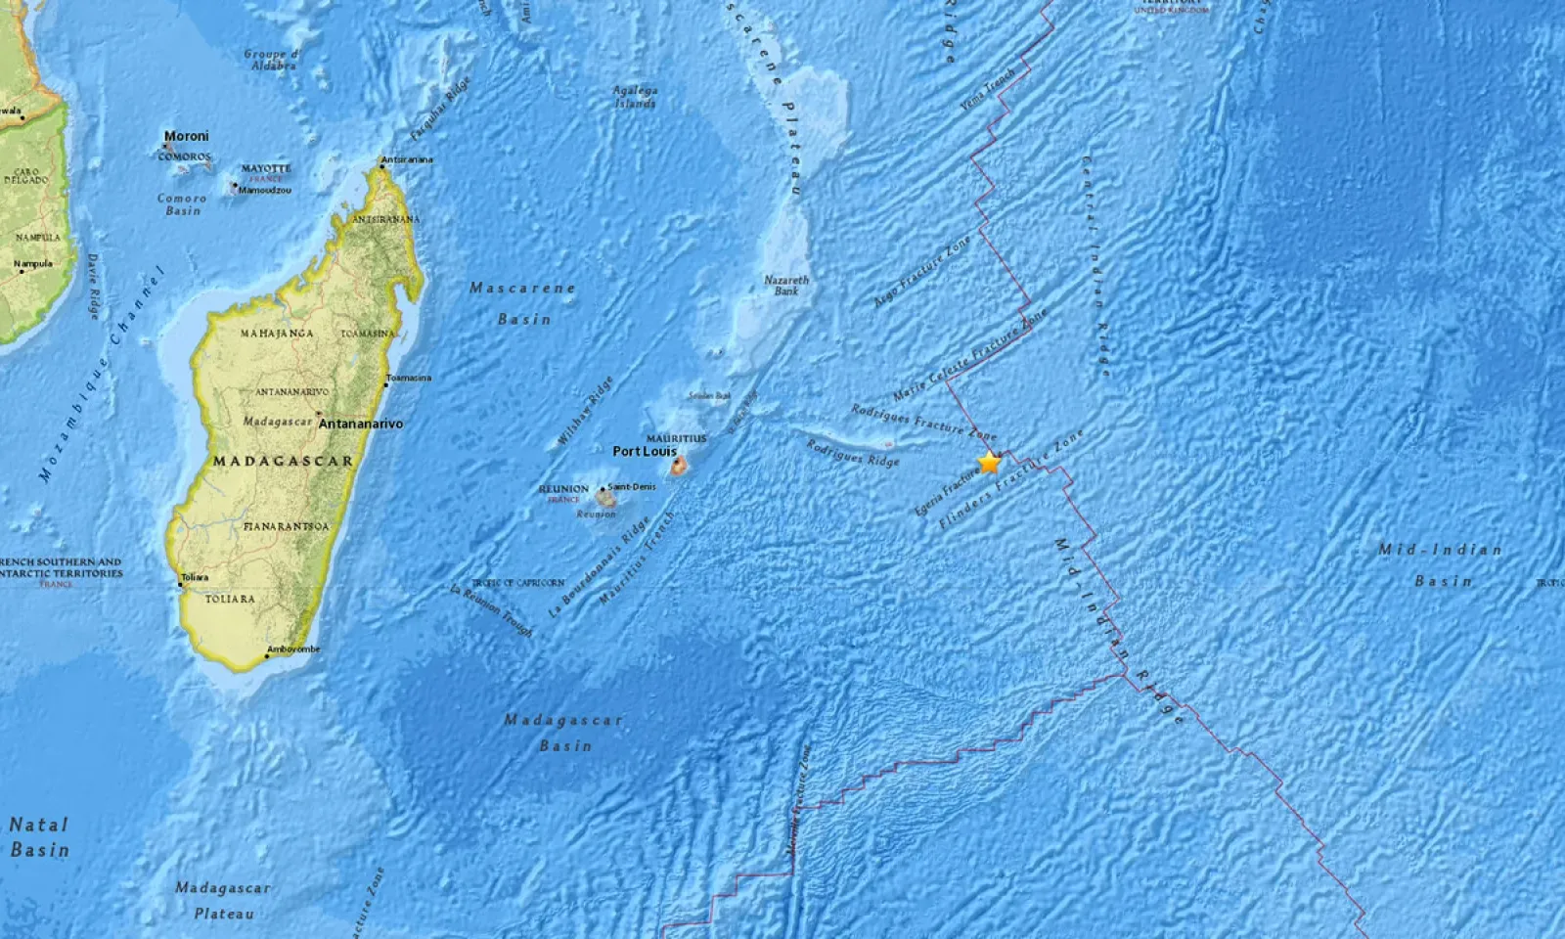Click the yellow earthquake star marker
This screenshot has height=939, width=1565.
(x=990, y=462)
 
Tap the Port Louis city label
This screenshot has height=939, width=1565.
(x=645, y=452)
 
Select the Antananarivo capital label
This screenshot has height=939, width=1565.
(x=360, y=424)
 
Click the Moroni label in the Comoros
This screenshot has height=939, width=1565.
(x=186, y=137)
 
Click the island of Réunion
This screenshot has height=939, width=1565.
(x=606, y=498)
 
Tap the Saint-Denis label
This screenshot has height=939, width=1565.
(x=632, y=486)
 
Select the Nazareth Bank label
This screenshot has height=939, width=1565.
(x=786, y=286)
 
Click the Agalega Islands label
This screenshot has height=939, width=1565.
(x=635, y=96)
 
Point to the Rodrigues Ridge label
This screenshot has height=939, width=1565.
(x=852, y=452)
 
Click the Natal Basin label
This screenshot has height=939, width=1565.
(x=39, y=837)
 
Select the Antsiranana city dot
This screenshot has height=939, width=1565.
(x=382, y=166)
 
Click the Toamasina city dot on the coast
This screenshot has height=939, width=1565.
(x=386, y=384)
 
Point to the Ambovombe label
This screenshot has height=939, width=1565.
(x=293, y=649)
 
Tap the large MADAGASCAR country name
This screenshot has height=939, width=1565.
(x=284, y=461)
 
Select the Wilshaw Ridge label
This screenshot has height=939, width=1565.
(x=585, y=412)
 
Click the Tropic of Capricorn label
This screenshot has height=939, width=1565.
(x=518, y=583)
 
